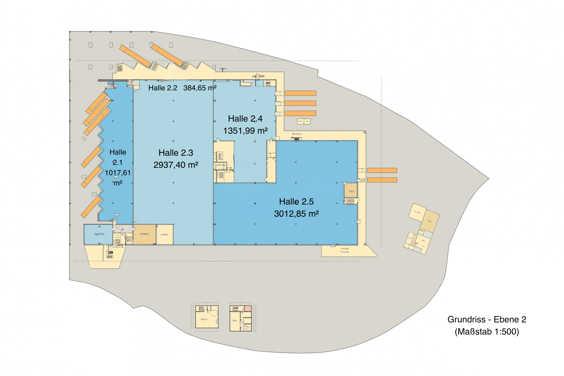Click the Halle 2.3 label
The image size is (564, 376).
[x=176, y=153]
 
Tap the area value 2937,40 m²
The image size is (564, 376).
[x=176, y=165]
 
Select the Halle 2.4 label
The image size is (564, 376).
[x=245, y=119]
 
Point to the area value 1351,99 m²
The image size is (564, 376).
[x=245, y=131]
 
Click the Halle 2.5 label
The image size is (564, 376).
[x=296, y=202]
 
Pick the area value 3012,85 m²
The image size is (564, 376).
[x=296, y=214]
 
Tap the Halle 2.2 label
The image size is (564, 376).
[x=163, y=88]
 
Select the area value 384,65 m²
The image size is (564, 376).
[x=200, y=88]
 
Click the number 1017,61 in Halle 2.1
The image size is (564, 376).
[x=117, y=173]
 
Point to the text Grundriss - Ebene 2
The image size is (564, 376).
[x=487, y=319]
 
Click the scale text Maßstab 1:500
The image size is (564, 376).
[x=487, y=332]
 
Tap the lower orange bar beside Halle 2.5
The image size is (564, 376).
[x=382, y=180]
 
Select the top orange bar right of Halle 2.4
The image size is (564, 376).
[x=300, y=93]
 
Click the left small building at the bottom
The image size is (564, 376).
[x=207, y=317]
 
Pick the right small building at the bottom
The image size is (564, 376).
[x=241, y=318]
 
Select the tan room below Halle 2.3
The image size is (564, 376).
[x=144, y=234]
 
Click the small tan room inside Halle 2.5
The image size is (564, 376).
[x=351, y=191]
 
